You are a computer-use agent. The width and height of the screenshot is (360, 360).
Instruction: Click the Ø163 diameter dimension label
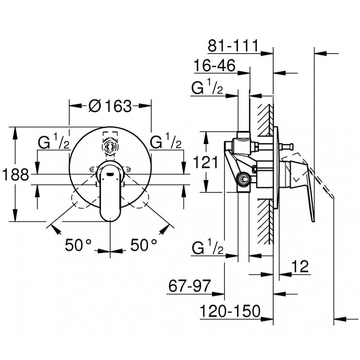click(x=110, y=106)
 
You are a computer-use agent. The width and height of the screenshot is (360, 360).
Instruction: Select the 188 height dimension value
click(x=16, y=175)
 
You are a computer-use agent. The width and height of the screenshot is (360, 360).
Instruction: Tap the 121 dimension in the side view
click(x=206, y=162)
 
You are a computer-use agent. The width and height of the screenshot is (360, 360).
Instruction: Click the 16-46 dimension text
click(x=215, y=65)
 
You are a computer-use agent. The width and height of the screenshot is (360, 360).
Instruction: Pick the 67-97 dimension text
click(x=189, y=286)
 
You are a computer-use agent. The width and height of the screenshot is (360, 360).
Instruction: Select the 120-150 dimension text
click(x=230, y=311)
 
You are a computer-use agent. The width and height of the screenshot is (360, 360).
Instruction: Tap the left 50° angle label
click(x=78, y=245)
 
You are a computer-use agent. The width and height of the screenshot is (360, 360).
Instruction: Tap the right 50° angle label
click(x=144, y=245)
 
